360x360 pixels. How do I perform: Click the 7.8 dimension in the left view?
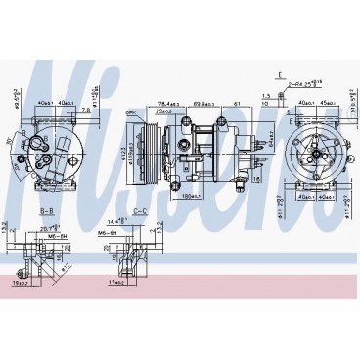[x=86, y=111]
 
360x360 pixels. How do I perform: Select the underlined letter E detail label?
[x=280, y=75]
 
